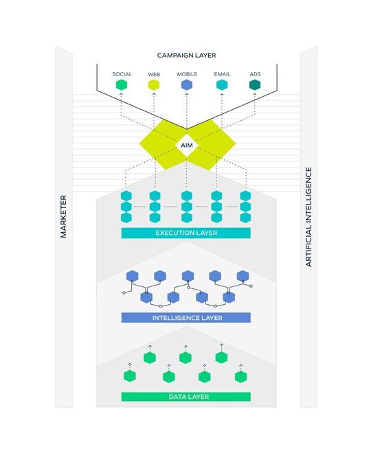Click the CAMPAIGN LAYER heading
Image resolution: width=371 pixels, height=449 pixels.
pos(185,55)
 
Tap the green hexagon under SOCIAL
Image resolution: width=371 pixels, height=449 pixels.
pos(122,85)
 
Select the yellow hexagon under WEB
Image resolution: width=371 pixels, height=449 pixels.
pos(154,85)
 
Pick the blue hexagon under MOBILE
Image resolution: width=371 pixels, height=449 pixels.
pos(186,85)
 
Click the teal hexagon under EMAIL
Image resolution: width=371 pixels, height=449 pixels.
pos(221,85)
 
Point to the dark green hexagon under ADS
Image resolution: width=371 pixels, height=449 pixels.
pos(254,85)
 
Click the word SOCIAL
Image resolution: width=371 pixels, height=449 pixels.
pos(122,73)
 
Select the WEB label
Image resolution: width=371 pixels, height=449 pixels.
pos(154,73)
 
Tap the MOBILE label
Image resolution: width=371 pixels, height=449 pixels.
pos(186,73)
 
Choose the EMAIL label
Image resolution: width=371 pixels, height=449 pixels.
pos(221,73)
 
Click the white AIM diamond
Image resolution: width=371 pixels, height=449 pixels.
pos(187,145)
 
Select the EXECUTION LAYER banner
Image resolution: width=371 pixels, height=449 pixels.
pos(185,233)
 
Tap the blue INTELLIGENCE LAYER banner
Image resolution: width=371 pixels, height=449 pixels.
pos(185,318)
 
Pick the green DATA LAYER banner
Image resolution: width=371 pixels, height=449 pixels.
pos(185,397)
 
